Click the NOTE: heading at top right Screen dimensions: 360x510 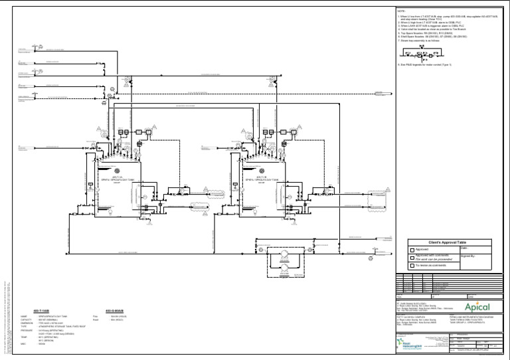click(400, 11)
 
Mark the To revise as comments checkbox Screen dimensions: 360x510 click(411, 264)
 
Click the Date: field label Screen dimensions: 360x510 click(464, 248)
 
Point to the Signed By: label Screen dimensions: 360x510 click(468, 255)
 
